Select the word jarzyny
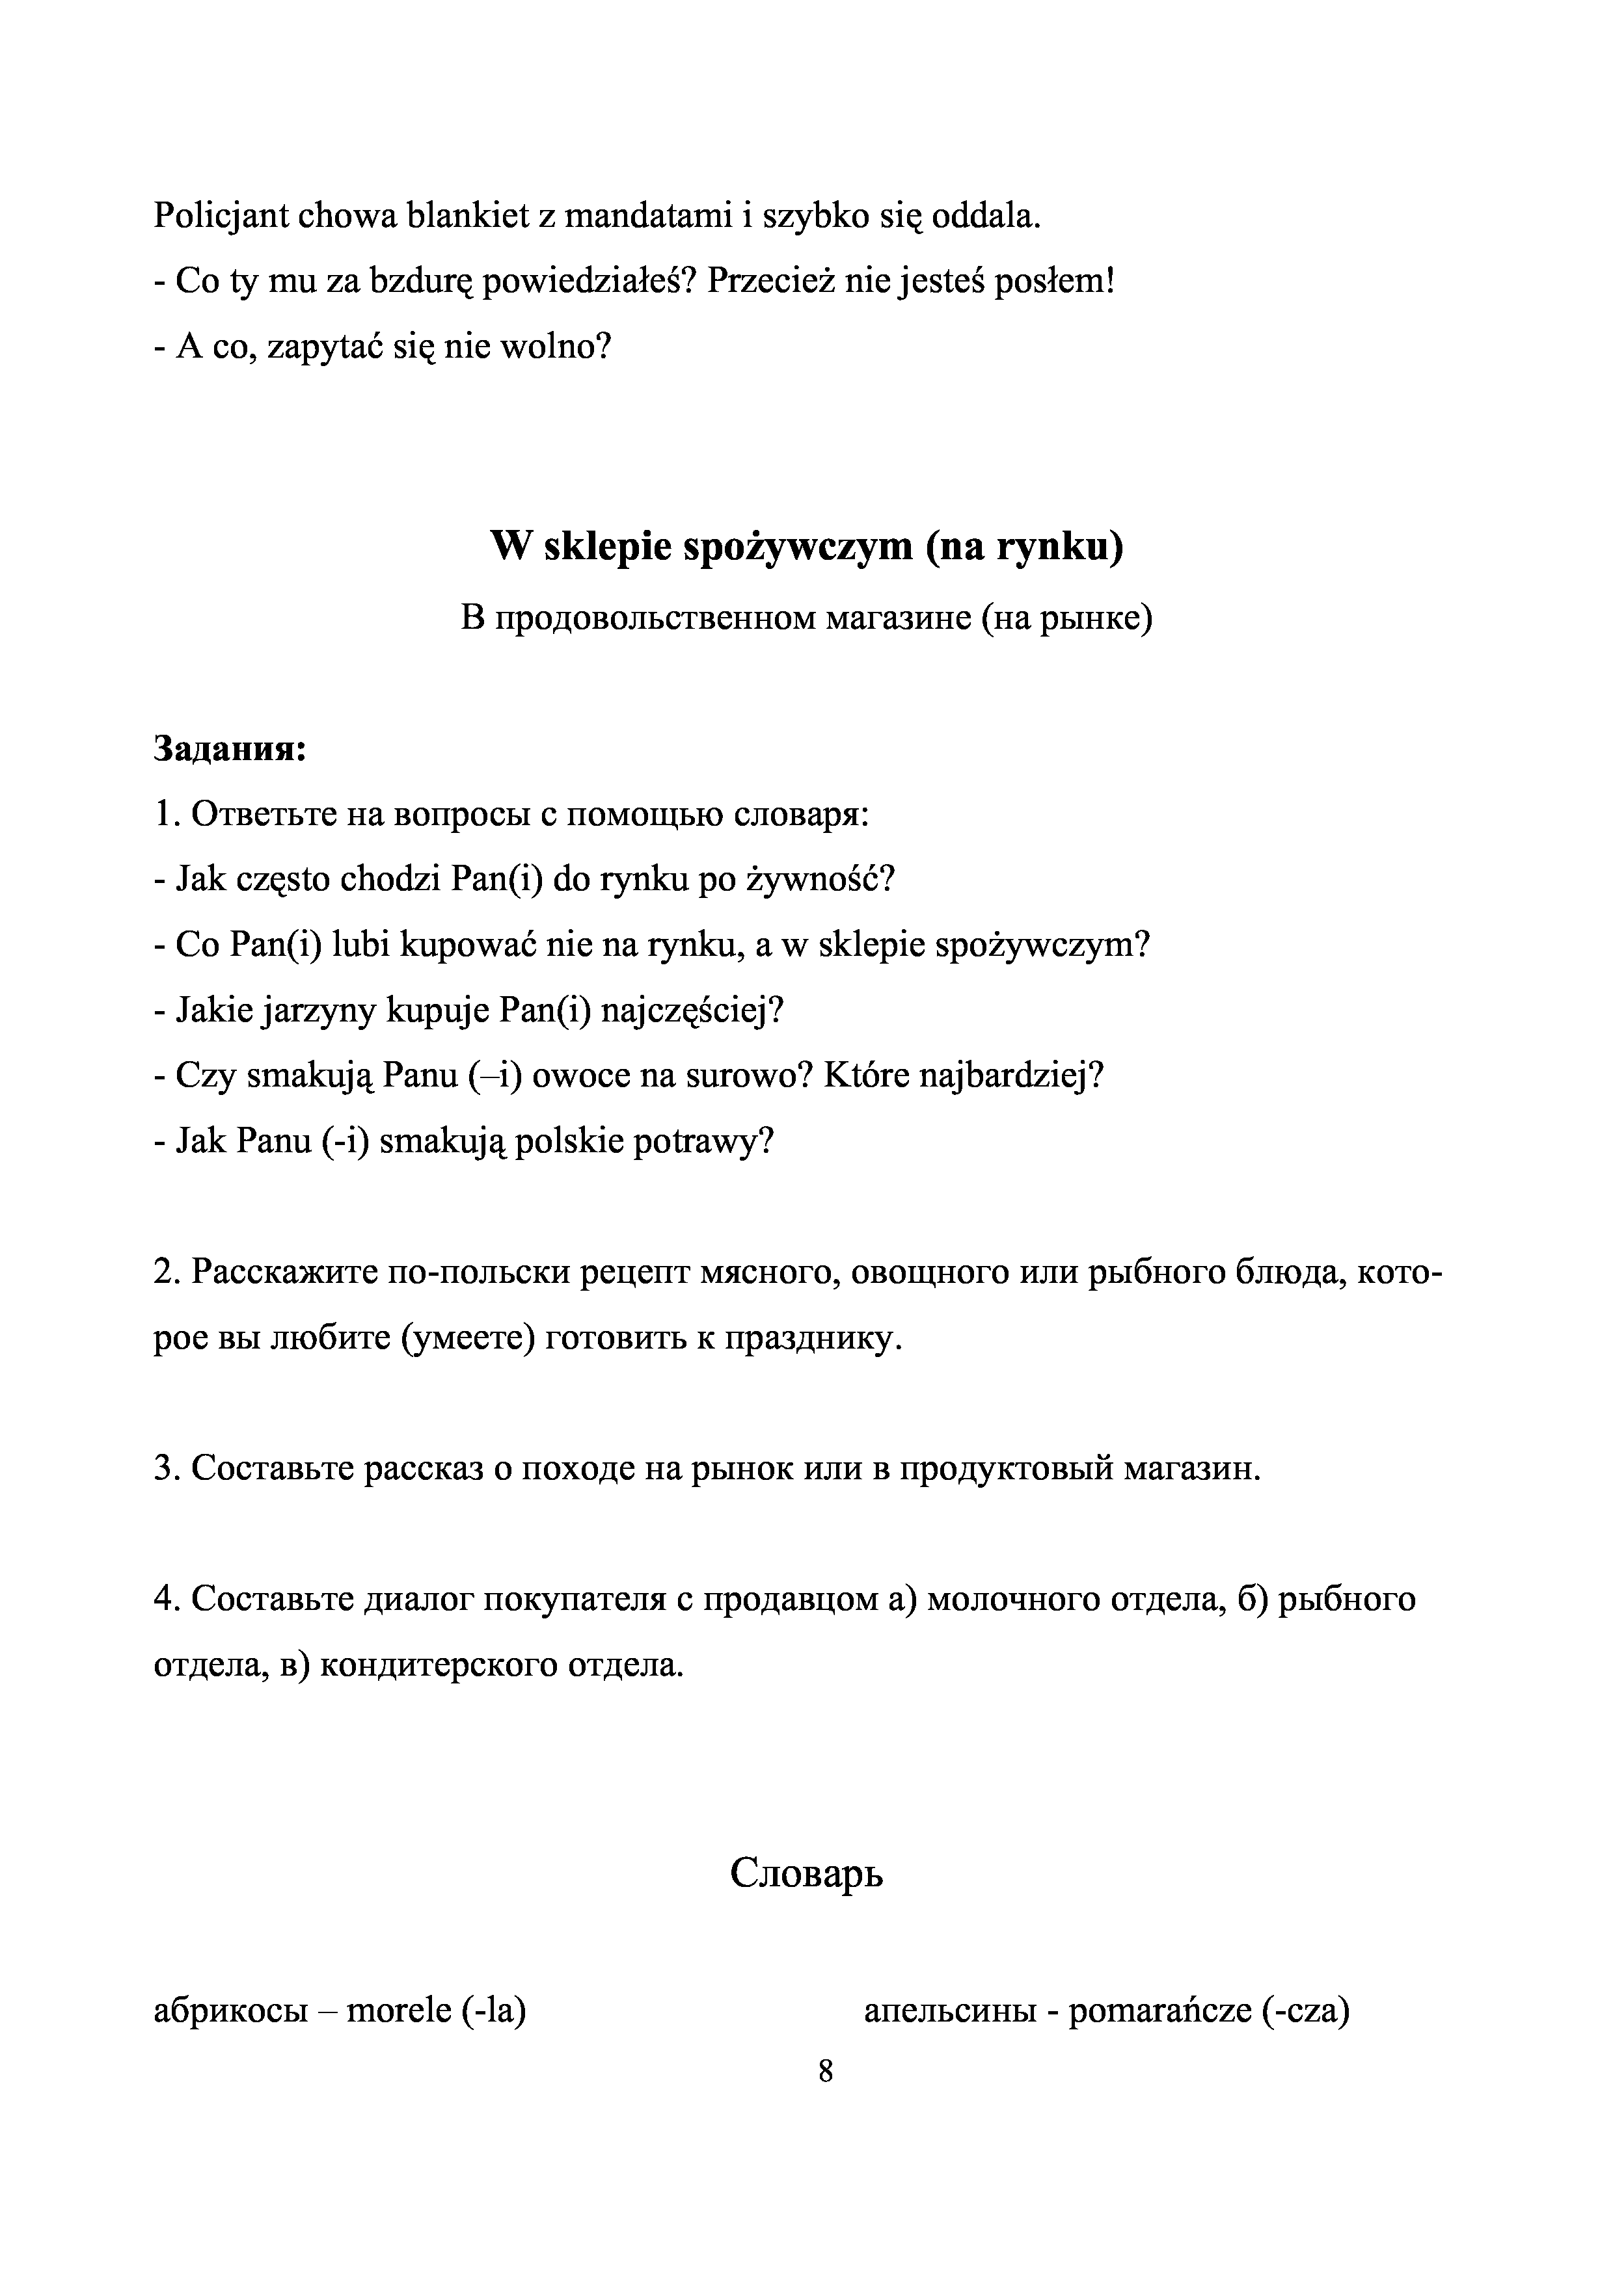coord(320,1010)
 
